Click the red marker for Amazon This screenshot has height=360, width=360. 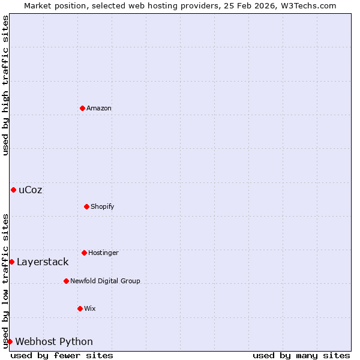click(82, 108)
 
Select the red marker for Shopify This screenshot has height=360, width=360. click(86, 206)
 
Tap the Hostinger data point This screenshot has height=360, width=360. click(84, 253)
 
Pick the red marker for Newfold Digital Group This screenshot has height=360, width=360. click(66, 281)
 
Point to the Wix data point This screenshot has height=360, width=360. click(80, 308)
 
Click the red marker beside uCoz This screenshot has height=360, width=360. click(13, 190)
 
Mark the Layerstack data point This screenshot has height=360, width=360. click(11, 262)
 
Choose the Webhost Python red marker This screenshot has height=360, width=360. click(10, 341)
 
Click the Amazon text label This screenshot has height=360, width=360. click(99, 109)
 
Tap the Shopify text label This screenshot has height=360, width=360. click(103, 207)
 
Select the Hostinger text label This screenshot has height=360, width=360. click(103, 253)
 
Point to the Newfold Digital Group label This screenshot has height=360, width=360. click(105, 281)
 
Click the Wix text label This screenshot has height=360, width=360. click(90, 309)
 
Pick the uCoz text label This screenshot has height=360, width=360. click(31, 190)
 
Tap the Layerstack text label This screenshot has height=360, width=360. click(43, 262)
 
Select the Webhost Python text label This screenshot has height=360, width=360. click(54, 342)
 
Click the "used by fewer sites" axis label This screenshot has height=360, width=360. click(62, 355)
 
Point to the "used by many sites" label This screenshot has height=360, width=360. click(301, 355)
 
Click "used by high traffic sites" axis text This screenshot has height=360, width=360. click(5, 85)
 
